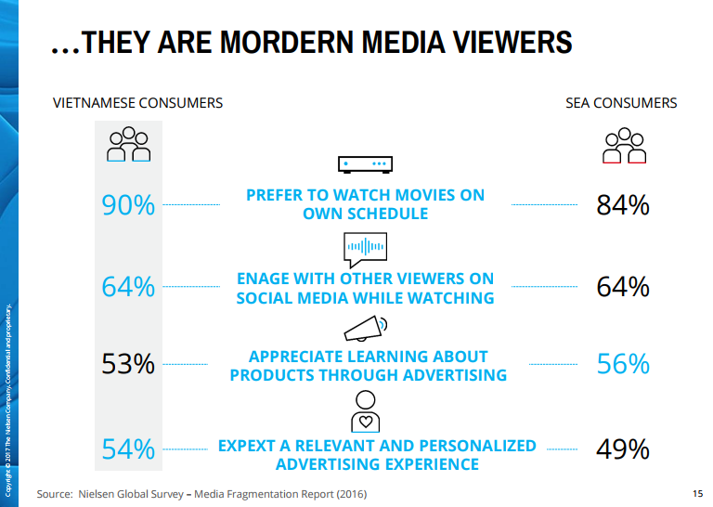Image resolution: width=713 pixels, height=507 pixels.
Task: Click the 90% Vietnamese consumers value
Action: coord(128,205)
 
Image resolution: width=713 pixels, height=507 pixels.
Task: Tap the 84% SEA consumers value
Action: coord(622,205)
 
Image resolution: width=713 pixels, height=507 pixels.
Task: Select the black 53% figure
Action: coord(128,364)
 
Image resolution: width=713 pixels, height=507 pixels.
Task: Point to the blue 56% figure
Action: coord(622,364)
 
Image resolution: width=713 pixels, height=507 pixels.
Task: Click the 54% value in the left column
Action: coord(128,449)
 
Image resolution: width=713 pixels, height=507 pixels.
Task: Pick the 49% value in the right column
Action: coord(622,449)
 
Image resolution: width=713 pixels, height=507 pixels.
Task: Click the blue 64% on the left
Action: coord(128,287)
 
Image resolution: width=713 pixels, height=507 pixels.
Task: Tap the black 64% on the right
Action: coord(622,287)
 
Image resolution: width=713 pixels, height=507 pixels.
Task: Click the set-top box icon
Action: coord(365,165)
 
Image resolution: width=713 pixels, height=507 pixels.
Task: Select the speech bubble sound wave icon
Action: coord(365,246)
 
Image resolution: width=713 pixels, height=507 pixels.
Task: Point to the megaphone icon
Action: coord(365,329)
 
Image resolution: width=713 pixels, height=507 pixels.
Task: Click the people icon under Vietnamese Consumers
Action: coord(128,145)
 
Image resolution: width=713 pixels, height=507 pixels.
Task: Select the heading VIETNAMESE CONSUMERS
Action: coord(137,103)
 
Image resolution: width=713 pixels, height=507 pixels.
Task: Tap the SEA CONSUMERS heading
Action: coord(621,103)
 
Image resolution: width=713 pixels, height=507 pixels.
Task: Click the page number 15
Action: coord(697,494)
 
